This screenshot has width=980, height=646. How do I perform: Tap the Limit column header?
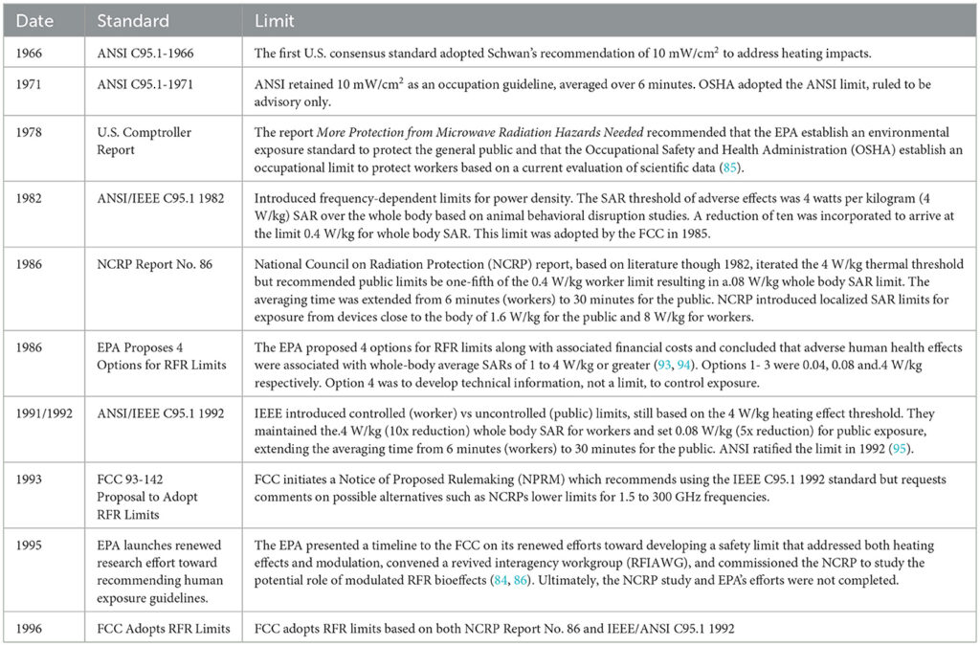click(x=275, y=20)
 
